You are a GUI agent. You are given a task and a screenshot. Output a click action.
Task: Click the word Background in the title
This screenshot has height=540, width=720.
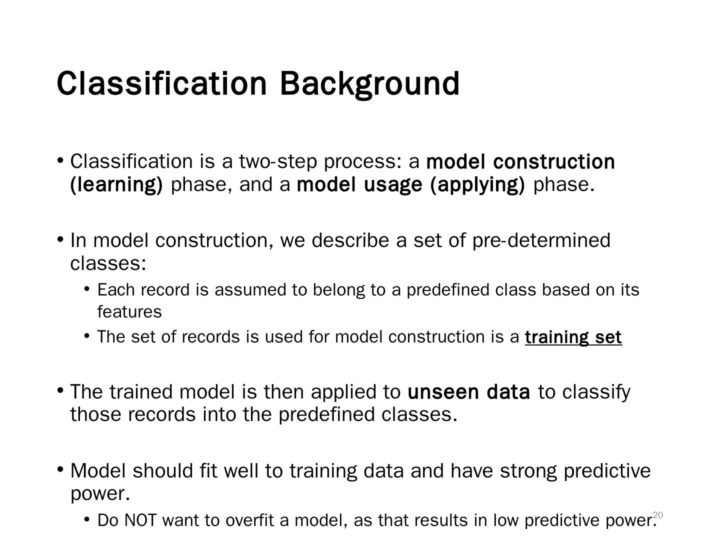pyautogui.click(x=369, y=83)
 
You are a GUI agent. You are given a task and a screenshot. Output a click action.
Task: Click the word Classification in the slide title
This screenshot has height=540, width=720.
pyautogui.click(x=161, y=83)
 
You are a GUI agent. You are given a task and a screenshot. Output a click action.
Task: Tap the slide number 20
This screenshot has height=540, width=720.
pyautogui.click(x=658, y=514)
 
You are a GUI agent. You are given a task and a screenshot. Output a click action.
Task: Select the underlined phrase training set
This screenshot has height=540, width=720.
pyautogui.click(x=573, y=337)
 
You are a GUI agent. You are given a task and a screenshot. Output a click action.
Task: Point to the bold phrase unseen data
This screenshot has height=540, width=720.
pyautogui.click(x=468, y=392)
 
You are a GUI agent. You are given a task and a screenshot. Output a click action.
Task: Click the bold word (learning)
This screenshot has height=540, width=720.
pyautogui.click(x=116, y=185)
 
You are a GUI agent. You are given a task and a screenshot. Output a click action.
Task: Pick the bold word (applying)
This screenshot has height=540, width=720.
pyautogui.click(x=477, y=185)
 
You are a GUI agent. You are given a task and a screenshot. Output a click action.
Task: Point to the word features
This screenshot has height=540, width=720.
pyautogui.click(x=129, y=312)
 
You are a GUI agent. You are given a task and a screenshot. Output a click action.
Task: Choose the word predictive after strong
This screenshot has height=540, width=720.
pyautogui.click(x=607, y=471)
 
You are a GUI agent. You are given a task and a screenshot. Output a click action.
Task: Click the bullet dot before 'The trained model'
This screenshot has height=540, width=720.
pyautogui.click(x=60, y=390)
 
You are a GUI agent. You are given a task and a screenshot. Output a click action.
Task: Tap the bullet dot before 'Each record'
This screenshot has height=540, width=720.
pyautogui.click(x=87, y=288)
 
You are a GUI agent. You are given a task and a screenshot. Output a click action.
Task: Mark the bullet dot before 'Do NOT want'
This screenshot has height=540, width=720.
pyautogui.click(x=87, y=519)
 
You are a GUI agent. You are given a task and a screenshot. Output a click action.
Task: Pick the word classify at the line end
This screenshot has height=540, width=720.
pyautogui.click(x=596, y=392)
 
